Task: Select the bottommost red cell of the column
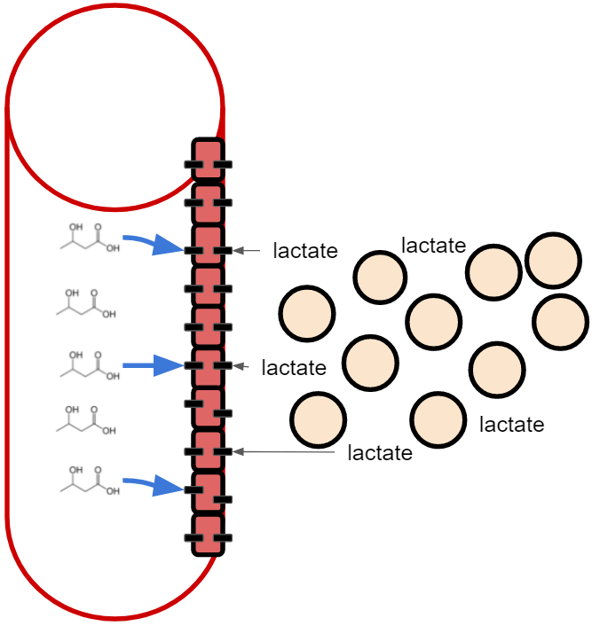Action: click(208, 534)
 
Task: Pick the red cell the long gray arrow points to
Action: click(208, 450)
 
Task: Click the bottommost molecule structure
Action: click(90, 481)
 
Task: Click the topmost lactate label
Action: click(434, 245)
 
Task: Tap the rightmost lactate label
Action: click(511, 424)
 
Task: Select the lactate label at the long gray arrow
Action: click(380, 453)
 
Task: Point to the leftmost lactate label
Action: click(294, 367)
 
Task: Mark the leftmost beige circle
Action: click(306, 314)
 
